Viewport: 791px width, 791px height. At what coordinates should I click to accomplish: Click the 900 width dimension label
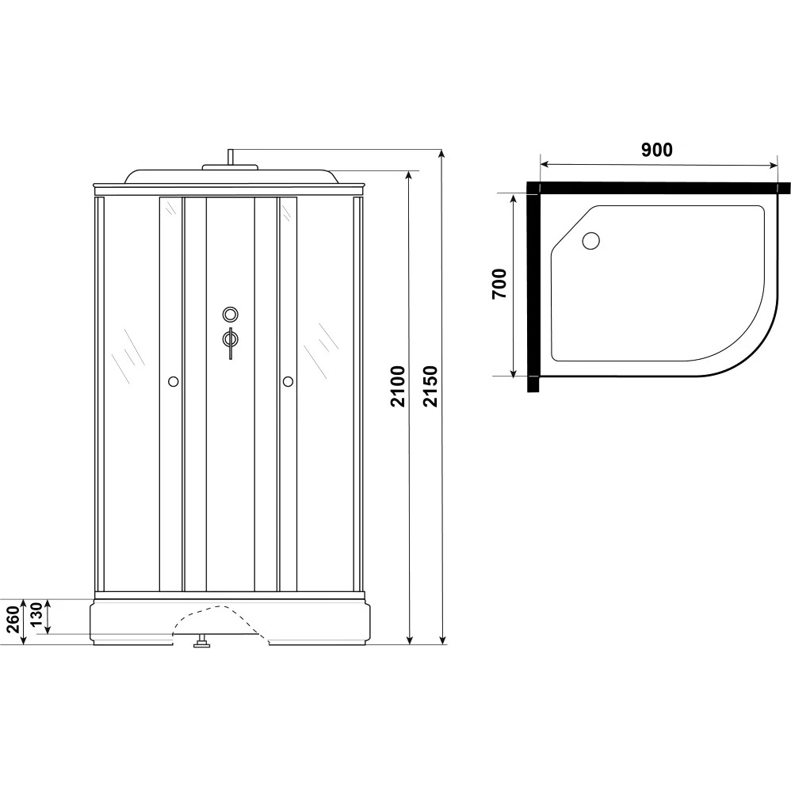click(657, 150)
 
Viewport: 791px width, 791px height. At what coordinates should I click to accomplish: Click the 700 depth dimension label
click(499, 284)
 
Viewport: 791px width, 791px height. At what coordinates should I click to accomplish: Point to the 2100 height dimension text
click(398, 387)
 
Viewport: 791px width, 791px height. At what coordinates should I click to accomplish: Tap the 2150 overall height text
click(430, 387)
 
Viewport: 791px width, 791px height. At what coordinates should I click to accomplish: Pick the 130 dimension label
click(36, 614)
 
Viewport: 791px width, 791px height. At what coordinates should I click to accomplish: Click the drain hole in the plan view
click(590, 241)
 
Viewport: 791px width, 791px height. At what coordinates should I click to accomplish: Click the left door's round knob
click(173, 381)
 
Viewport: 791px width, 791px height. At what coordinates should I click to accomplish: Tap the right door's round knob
click(288, 381)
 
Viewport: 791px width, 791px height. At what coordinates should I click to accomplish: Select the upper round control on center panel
click(231, 315)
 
